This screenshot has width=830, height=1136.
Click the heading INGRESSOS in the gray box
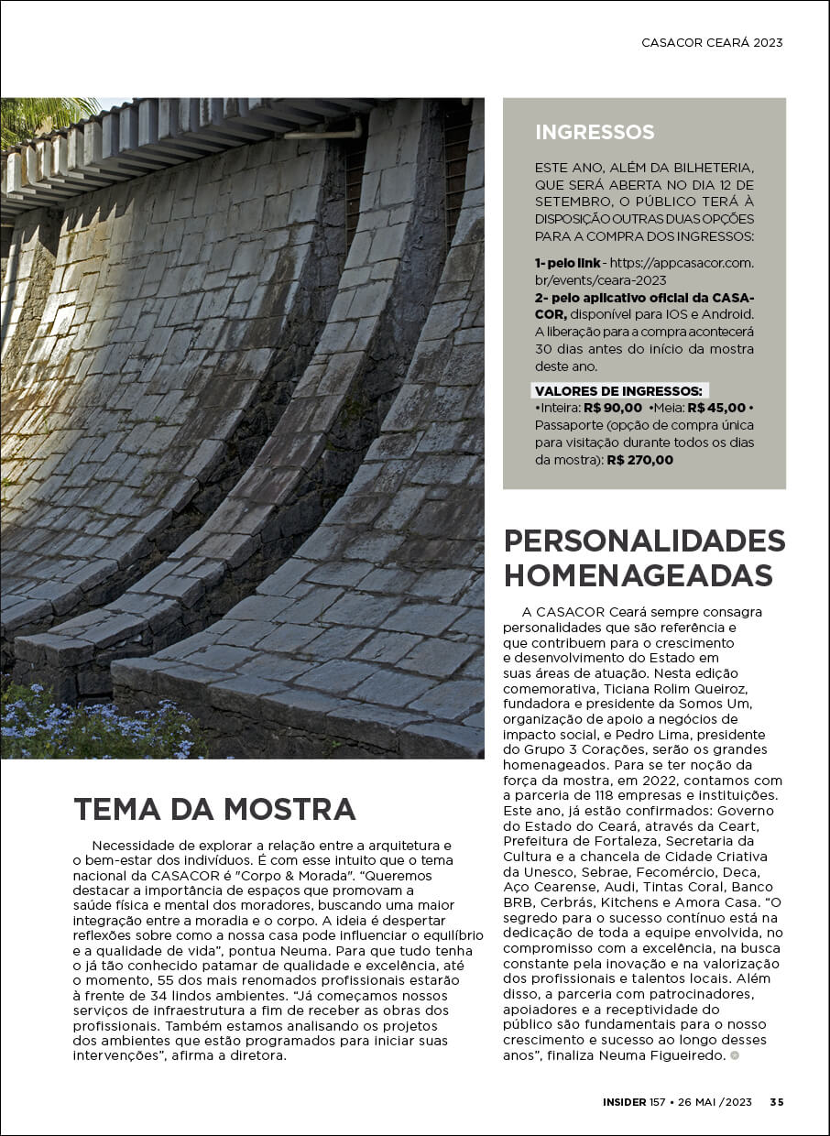click(595, 132)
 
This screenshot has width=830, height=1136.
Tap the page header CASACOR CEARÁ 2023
click(712, 42)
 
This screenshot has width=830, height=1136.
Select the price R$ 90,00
click(612, 408)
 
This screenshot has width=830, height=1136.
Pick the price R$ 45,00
click(716, 408)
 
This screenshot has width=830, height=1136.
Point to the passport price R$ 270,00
click(639, 460)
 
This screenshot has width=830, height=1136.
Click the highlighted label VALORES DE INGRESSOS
click(619, 391)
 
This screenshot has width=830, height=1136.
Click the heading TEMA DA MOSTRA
click(214, 809)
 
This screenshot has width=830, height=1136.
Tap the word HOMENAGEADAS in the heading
click(639, 575)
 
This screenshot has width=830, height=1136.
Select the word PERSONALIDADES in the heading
click(644, 541)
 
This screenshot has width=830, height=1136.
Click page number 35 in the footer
click(776, 1102)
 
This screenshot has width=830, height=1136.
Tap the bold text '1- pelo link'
click(568, 263)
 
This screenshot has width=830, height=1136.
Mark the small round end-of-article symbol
click(734, 1056)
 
